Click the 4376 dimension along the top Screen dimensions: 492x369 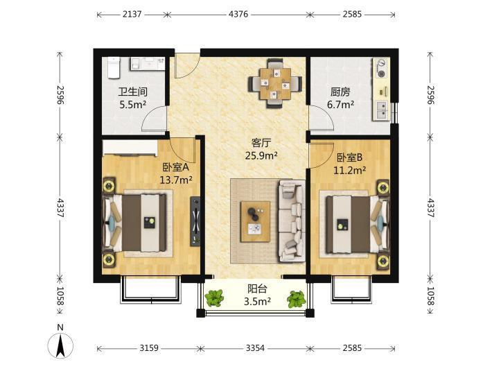[238, 14]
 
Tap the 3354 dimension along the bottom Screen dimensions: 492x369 [255, 348]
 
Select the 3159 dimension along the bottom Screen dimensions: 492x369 [149, 348]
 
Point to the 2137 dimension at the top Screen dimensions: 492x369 [132, 14]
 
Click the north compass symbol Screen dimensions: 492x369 [60, 343]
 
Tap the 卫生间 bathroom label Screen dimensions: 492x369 [133, 92]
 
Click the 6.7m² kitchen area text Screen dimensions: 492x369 [341, 104]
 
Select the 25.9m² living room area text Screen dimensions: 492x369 [261, 155]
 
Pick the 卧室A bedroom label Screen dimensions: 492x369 [176, 167]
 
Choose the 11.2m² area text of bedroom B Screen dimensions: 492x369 [349, 170]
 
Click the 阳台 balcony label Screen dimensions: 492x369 [257, 289]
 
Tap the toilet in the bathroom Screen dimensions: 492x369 [114, 67]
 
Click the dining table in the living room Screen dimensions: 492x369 [275, 83]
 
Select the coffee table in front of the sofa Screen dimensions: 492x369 [256, 221]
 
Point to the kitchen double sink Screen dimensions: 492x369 [382, 110]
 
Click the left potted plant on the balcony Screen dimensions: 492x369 [214, 298]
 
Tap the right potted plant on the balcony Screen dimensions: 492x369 [296, 299]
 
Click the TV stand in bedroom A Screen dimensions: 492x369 [195, 221]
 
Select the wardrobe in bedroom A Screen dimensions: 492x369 [130, 148]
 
